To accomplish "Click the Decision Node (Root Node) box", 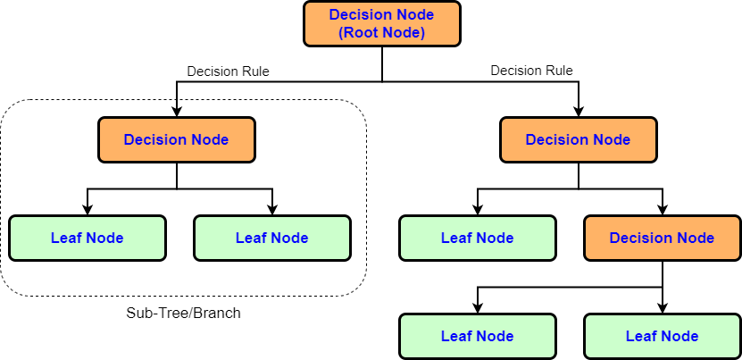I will click(x=381, y=23).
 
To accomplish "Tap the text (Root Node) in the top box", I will click(x=381, y=33).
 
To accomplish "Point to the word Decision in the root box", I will click(x=360, y=14).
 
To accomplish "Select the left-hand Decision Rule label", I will click(x=228, y=71).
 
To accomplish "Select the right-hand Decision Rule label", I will click(x=531, y=71).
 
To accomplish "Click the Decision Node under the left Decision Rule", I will click(x=176, y=140).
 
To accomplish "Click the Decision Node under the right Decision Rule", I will click(x=578, y=140).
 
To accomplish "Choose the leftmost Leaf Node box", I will click(x=87, y=239).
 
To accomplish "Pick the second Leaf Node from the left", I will click(x=271, y=239).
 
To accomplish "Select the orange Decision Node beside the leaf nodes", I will click(x=662, y=239).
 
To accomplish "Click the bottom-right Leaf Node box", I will click(x=662, y=337).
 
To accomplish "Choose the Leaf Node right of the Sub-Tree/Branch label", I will click(x=477, y=337).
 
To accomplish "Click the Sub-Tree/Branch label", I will click(x=183, y=314).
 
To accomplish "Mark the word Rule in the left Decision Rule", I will click(x=254, y=71).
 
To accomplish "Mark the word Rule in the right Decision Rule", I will click(x=558, y=71).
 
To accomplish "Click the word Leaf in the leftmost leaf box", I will click(x=65, y=239).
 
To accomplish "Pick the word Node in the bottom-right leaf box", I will click(x=679, y=337).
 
